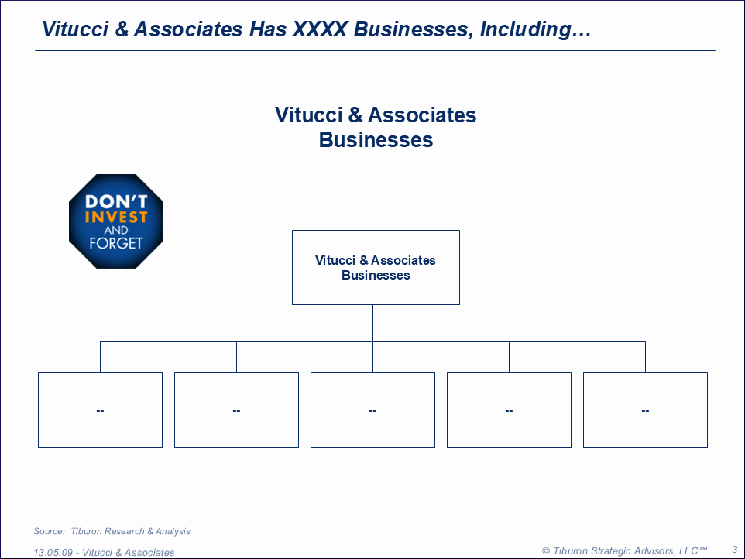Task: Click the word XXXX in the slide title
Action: (320, 29)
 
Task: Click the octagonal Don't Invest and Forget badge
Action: (116, 221)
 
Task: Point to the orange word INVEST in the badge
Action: (116, 218)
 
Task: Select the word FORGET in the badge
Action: (116, 243)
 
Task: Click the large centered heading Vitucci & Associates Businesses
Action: (376, 127)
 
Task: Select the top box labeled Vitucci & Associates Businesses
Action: (376, 267)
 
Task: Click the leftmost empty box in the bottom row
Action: (100, 410)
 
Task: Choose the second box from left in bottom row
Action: (237, 410)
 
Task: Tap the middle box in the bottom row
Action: (373, 410)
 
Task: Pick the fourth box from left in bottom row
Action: (510, 410)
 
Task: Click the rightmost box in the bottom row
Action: (645, 410)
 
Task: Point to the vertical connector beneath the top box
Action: (373, 323)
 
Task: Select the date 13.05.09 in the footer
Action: (53, 552)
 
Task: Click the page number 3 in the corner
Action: (735, 550)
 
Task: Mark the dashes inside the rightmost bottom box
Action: (645, 411)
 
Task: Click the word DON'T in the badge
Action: (116, 202)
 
